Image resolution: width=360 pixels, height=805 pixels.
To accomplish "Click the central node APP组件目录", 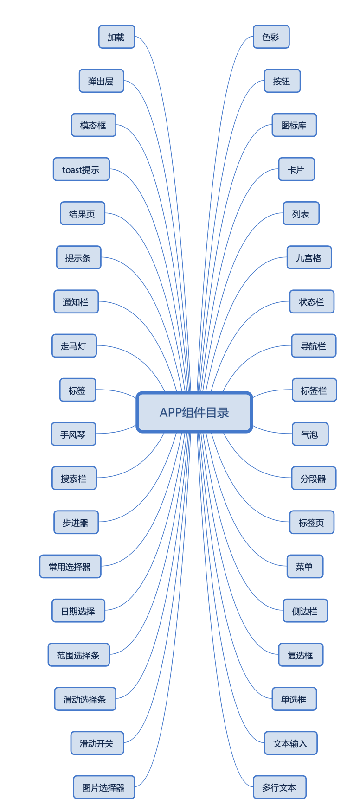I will (x=194, y=412).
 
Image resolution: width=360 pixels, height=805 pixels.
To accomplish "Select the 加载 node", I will (x=116, y=37).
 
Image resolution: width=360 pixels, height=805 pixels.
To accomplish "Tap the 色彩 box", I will (x=271, y=37).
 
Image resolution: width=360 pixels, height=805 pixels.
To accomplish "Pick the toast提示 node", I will (x=81, y=169).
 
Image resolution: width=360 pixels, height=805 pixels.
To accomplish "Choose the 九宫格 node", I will (x=309, y=258).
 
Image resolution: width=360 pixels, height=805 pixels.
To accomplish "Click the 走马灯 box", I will (x=74, y=346).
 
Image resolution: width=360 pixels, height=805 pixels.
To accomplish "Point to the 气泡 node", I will (x=310, y=434).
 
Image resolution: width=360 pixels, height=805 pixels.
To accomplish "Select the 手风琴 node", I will (x=73, y=434).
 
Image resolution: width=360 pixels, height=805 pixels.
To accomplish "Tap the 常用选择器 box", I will (x=70, y=567).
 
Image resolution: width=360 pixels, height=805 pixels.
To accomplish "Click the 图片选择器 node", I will (x=104, y=787).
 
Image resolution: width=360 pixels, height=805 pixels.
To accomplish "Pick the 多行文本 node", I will (x=279, y=787).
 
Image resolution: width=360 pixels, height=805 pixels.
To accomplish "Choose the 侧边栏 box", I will (x=305, y=611).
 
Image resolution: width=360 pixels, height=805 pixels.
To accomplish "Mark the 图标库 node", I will (x=294, y=125).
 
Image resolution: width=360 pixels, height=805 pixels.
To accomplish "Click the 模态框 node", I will (x=93, y=125).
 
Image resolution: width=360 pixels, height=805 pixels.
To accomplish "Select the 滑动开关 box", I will (x=97, y=743).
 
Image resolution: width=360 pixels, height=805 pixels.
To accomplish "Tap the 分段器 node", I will (x=314, y=479).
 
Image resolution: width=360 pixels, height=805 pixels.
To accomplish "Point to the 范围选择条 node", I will (x=78, y=655).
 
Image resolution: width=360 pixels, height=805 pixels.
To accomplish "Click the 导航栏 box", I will (x=314, y=346).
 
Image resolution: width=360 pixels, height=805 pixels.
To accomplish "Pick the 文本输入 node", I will (x=290, y=743).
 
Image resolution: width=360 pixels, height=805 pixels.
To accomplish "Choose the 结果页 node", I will (x=83, y=214).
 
